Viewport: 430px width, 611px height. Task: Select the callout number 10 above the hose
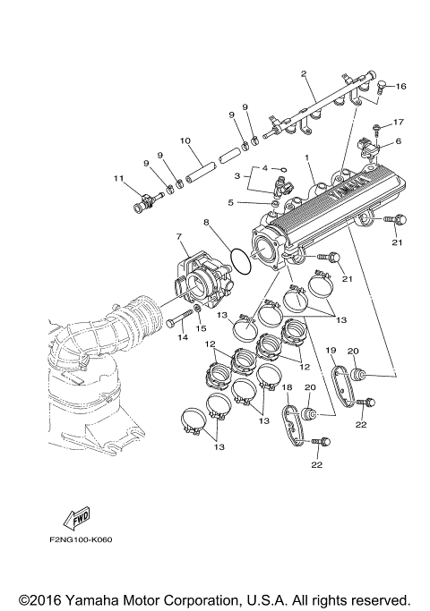(x=185, y=140)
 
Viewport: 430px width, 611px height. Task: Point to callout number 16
(x=401, y=87)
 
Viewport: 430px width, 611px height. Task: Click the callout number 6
(x=399, y=140)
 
